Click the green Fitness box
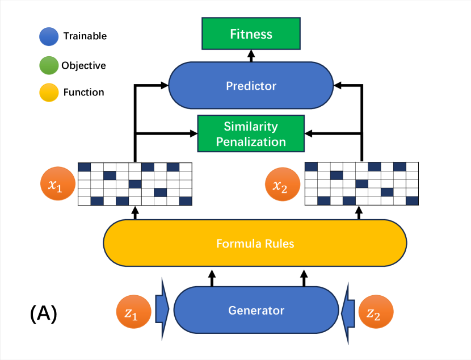(x=251, y=34)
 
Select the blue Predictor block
(x=251, y=85)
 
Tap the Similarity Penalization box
(x=251, y=133)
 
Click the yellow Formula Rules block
(x=255, y=243)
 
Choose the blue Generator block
(x=256, y=310)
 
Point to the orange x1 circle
(x=58, y=183)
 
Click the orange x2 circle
(x=283, y=184)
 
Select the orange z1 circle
(x=134, y=312)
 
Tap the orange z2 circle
(x=376, y=312)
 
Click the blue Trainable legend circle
(x=49, y=37)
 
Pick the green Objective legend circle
(x=49, y=65)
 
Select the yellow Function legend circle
(x=49, y=93)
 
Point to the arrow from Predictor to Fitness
(x=251, y=56)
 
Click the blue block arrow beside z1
(x=162, y=309)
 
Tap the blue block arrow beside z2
(x=348, y=313)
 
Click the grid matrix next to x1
(x=135, y=184)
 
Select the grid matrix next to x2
(x=361, y=184)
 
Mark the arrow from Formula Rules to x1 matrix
(x=135, y=213)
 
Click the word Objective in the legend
(x=83, y=65)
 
